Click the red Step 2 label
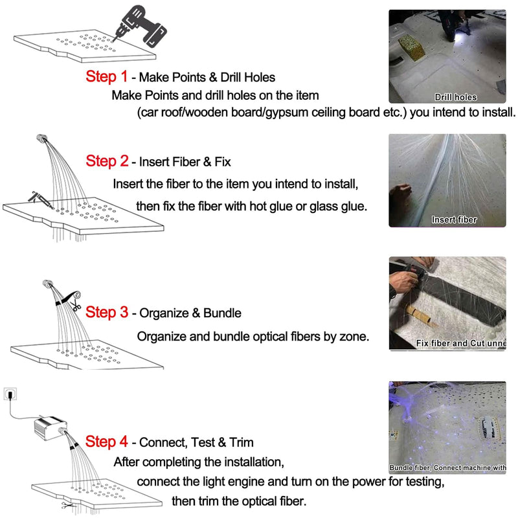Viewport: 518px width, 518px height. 106,161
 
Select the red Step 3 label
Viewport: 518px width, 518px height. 106,312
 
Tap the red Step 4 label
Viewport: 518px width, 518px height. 106,442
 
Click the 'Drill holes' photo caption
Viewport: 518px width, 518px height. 455,97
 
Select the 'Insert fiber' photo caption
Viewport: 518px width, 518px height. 454,220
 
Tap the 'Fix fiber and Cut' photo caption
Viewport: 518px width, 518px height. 460,343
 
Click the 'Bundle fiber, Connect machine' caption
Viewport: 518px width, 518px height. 447,467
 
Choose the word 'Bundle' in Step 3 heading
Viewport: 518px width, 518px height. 222,313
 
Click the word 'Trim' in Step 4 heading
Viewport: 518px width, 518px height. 240,443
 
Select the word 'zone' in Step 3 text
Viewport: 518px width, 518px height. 353,337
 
